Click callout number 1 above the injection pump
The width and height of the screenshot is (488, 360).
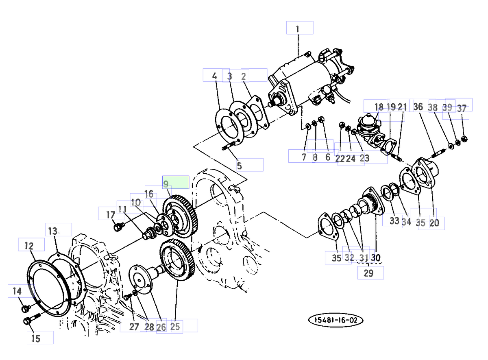[x=298, y=29]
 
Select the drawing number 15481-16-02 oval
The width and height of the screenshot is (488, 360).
[x=336, y=320]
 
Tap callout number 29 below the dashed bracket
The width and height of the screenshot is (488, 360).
[x=368, y=273]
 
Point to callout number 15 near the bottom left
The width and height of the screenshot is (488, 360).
[x=36, y=338]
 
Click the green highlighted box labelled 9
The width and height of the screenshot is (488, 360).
[x=176, y=182]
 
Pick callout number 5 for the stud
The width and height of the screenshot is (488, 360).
[x=240, y=166]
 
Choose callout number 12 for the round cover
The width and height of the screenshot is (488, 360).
[x=29, y=246]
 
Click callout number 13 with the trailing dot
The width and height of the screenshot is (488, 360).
[x=53, y=231]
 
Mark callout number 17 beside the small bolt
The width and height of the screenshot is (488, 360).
[x=111, y=215]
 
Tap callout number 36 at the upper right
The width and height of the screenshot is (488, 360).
[x=418, y=107]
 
